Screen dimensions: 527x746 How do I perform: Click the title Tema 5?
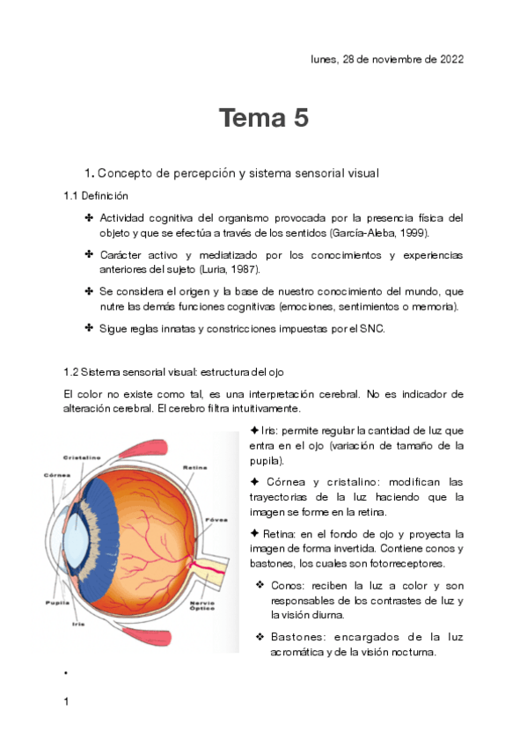(x=263, y=119)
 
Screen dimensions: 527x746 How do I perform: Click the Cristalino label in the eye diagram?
(x=82, y=457)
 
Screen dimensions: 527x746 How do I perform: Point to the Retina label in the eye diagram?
(x=194, y=466)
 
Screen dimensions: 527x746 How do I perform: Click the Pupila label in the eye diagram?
(x=57, y=603)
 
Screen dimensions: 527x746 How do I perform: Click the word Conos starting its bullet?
(x=290, y=586)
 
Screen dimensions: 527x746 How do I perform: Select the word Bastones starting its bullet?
(x=298, y=637)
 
